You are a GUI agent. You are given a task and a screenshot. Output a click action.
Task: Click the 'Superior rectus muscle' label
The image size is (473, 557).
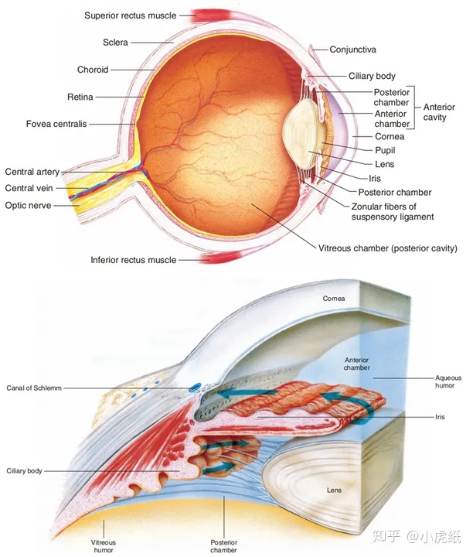coord(130,15)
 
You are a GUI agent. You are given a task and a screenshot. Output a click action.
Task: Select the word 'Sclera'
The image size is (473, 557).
coord(115,42)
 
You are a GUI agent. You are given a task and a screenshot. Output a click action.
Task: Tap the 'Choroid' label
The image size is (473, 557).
coord(93,70)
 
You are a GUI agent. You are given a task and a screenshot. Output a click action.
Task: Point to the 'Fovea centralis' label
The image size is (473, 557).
coord(56,123)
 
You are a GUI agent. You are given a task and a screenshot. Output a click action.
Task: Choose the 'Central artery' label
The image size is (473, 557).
coord(32,172)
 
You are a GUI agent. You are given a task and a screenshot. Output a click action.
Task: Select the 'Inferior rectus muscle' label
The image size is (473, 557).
coord(133,260)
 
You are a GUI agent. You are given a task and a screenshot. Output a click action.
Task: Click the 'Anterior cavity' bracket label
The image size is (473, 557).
coord(439,112)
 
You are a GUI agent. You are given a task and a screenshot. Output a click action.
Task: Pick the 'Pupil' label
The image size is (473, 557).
coord(366,150)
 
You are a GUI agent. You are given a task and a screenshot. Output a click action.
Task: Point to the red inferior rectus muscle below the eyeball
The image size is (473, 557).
coord(201,260)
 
